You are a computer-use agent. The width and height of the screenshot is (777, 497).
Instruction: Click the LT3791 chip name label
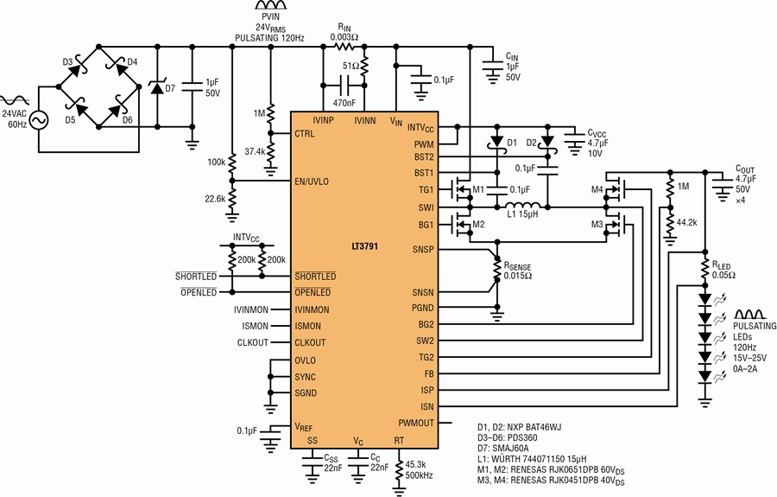point(364,246)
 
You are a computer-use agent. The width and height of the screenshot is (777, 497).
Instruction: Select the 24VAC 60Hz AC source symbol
point(39,120)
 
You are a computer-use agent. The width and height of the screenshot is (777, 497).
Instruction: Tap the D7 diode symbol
point(158,88)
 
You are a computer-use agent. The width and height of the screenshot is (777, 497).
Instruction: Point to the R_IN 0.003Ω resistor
point(344,48)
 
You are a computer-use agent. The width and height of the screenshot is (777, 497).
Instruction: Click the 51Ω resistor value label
point(350,66)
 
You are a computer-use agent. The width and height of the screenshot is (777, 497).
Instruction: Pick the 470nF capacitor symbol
point(344,86)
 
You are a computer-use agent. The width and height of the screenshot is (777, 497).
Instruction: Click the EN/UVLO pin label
point(312,182)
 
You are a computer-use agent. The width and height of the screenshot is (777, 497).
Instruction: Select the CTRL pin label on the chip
point(304,134)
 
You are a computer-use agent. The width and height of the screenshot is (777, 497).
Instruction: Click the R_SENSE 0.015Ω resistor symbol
point(497,271)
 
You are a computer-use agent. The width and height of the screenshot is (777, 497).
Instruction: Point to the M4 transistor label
point(597,189)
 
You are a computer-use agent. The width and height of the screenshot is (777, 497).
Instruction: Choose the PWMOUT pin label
point(416,423)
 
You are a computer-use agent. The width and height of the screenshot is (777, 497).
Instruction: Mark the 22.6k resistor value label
point(215,199)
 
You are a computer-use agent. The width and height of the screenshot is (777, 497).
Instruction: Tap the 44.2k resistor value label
point(687,223)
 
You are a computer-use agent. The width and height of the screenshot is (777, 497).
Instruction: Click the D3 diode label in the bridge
point(68,62)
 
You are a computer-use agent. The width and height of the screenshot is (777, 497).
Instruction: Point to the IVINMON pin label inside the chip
point(312,310)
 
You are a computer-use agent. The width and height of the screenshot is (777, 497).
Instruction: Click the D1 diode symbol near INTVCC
point(496,142)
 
